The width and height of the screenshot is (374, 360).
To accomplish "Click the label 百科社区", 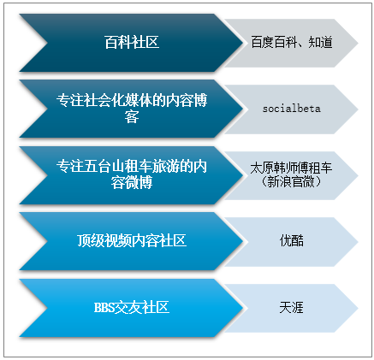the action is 132,43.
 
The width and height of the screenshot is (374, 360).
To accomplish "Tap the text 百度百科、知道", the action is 292,43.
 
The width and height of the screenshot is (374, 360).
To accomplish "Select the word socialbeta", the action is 292,109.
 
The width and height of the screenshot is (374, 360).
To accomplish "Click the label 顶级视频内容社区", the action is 132,240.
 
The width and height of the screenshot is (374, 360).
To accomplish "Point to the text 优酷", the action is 292,240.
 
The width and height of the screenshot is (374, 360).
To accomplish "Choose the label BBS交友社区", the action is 132,308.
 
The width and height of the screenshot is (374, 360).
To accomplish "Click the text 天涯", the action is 292,308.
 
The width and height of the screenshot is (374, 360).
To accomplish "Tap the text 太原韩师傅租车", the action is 291,168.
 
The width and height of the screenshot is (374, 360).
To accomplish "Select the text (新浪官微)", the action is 291,182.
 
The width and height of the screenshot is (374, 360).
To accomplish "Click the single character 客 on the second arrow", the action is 132,117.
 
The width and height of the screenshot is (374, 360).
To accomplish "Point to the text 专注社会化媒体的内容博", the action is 132,100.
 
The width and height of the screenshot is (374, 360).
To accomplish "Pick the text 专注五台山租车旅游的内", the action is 132,166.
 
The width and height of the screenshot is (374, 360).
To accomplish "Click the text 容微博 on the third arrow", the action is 132,183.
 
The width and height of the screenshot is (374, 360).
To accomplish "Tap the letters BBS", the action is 104,308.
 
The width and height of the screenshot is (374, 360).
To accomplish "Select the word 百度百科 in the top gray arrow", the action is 275,43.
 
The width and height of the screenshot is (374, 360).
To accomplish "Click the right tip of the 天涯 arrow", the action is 358,308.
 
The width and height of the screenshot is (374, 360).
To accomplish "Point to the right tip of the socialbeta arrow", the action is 358,109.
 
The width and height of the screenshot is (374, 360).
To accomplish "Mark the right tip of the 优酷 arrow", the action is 358,242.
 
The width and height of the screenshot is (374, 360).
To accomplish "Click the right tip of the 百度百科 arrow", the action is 358,43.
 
